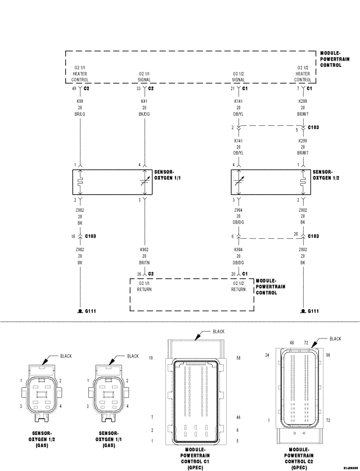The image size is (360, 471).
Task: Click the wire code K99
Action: tap(80, 101)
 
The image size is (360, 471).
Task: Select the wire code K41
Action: tap(144, 101)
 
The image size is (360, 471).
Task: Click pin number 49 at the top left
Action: tap(74, 89)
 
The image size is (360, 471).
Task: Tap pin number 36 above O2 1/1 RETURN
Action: tap(138, 274)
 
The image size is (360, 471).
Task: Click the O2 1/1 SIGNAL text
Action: tap(144, 76)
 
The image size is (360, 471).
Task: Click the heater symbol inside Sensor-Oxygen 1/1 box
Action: tap(81, 182)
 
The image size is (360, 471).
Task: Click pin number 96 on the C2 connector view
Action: tap(327, 355)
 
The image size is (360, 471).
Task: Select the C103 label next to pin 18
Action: tap(91, 236)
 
